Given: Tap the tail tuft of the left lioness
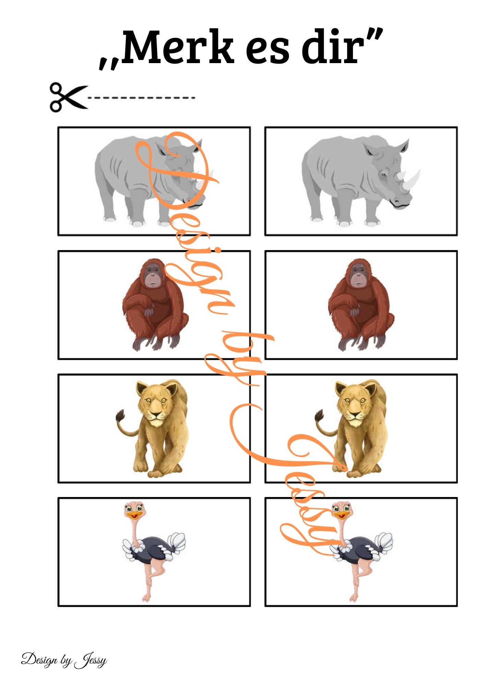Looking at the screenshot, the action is [x=120, y=416].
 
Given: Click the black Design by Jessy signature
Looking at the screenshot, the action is [x=64, y=660].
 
